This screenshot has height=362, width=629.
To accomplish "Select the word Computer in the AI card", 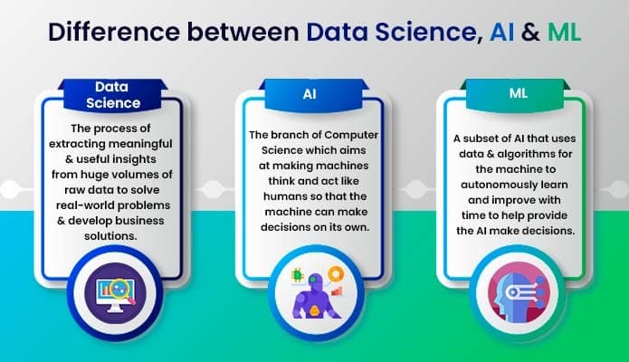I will coord(350,135).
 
